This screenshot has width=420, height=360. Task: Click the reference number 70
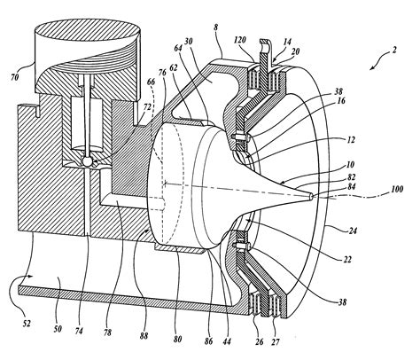click(x=15, y=77)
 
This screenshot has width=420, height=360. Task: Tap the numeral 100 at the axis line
click(x=397, y=189)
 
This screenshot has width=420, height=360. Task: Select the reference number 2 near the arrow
click(x=393, y=50)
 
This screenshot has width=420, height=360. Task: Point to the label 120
click(x=240, y=40)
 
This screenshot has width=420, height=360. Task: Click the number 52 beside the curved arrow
click(x=27, y=324)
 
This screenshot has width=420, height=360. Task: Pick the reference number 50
click(x=58, y=328)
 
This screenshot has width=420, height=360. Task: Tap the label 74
click(x=79, y=331)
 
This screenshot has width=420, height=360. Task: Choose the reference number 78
click(x=108, y=333)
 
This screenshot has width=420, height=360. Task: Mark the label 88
click(x=144, y=336)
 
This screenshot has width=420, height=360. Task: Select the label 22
click(x=347, y=260)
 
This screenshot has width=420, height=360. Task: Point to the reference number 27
click(x=275, y=342)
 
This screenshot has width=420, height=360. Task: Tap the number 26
click(x=259, y=342)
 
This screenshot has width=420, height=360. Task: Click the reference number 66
click(x=151, y=82)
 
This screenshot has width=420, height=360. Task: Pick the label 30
click(x=188, y=42)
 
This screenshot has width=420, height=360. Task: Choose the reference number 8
click(x=216, y=27)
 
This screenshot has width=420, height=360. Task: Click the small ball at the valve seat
click(x=88, y=160)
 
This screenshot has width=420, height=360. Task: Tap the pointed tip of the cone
click(x=313, y=196)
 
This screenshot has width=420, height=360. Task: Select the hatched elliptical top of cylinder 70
click(x=87, y=30)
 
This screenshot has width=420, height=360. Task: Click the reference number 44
click(x=227, y=341)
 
